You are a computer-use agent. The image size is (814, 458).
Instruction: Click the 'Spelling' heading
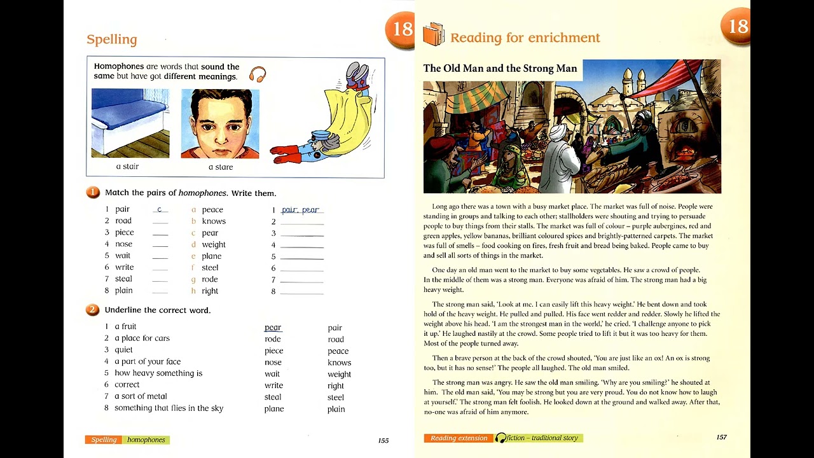coord(112,39)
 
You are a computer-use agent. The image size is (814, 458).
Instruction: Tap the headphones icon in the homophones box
coord(258,74)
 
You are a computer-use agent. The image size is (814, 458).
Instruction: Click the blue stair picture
coord(130,123)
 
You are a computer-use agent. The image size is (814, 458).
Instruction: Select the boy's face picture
coord(220,123)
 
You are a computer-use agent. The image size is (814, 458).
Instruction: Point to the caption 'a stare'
coord(221,167)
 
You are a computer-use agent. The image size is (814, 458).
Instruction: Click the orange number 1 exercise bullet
coord(93,193)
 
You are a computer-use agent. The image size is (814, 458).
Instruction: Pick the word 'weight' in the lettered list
coord(214,245)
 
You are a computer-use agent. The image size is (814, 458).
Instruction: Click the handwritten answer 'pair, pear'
coord(300,210)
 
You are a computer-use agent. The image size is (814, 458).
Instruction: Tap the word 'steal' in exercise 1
coord(123,279)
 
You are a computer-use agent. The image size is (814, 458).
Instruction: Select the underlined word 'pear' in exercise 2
coord(273,328)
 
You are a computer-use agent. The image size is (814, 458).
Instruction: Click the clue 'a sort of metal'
coord(141,396)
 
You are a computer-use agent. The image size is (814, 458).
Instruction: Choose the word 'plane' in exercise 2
coord(274,409)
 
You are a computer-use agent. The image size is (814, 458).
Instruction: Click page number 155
coord(383,440)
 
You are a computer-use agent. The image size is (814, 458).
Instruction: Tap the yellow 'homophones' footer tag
coord(146,440)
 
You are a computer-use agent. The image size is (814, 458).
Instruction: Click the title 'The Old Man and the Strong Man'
coord(500,69)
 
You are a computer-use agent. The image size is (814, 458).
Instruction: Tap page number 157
coord(721,438)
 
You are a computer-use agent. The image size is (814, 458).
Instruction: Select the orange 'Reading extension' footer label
coord(459,438)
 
